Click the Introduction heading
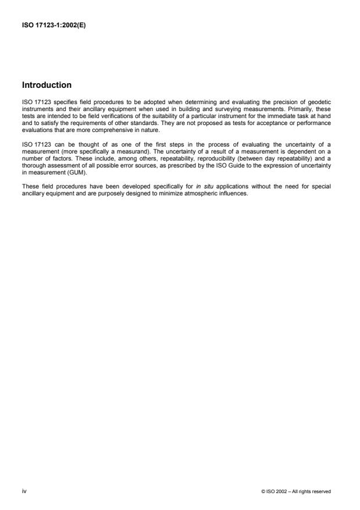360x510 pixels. pos(46,85)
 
